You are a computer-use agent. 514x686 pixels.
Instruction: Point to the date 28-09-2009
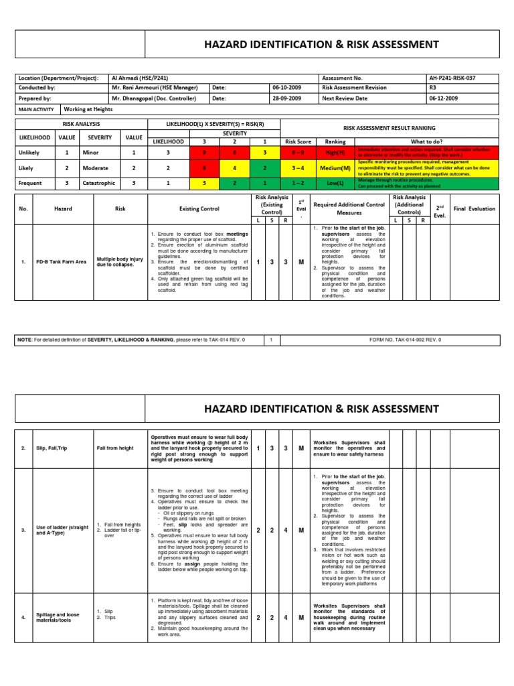(286, 98)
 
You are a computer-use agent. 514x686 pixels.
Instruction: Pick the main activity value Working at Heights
(88, 109)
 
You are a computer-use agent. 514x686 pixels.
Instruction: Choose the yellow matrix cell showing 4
(234, 167)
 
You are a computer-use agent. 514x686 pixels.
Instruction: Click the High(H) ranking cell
(335, 152)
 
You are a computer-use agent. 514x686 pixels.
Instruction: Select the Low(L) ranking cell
(335, 182)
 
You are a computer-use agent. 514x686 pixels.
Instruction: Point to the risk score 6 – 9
(298, 152)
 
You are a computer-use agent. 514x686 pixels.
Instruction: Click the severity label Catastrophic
(101, 183)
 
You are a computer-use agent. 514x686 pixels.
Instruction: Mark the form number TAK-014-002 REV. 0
(406, 340)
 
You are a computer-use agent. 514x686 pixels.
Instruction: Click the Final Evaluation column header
(474, 208)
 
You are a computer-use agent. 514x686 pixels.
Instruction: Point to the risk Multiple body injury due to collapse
(120, 261)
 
